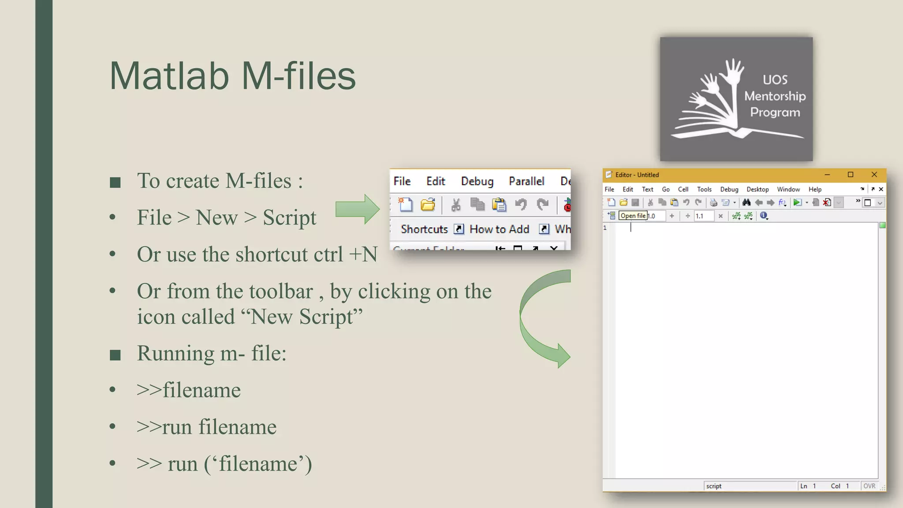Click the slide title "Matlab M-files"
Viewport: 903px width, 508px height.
pyautogui.click(x=232, y=76)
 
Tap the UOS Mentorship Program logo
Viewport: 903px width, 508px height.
pyautogui.click(x=736, y=99)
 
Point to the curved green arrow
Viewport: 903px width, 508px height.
pyautogui.click(x=540, y=317)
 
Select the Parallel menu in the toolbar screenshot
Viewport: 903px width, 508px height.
pyautogui.click(x=526, y=181)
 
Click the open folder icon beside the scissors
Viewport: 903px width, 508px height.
pyautogui.click(x=428, y=205)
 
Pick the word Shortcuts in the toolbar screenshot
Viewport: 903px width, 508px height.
pyautogui.click(x=424, y=229)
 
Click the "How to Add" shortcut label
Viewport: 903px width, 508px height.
pyautogui.click(x=499, y=229)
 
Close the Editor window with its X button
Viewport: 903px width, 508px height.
pyautogui.click(x=874, y=175)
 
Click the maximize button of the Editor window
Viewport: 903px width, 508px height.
pyautogui.click(x=851, y=175)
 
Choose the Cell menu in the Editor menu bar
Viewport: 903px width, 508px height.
pyautogui.click(x=683, y=189)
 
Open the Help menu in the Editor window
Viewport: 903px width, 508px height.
pyautogui.click(x=815, y=189)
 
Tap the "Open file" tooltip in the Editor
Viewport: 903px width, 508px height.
pyautogui.click(x=633, y=216)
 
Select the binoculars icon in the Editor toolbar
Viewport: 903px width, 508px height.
pyautogui.click(x=746, y=202)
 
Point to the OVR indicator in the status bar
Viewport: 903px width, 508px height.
pyautogui.click(x=869, y=486)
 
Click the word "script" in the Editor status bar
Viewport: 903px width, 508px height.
pyautogui.click(x=714, y=486)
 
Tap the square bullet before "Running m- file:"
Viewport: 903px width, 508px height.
pyautogui.click(x=115, y=355)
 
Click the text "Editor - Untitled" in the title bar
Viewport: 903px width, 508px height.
pyautogui.click(x=637, y=175)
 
